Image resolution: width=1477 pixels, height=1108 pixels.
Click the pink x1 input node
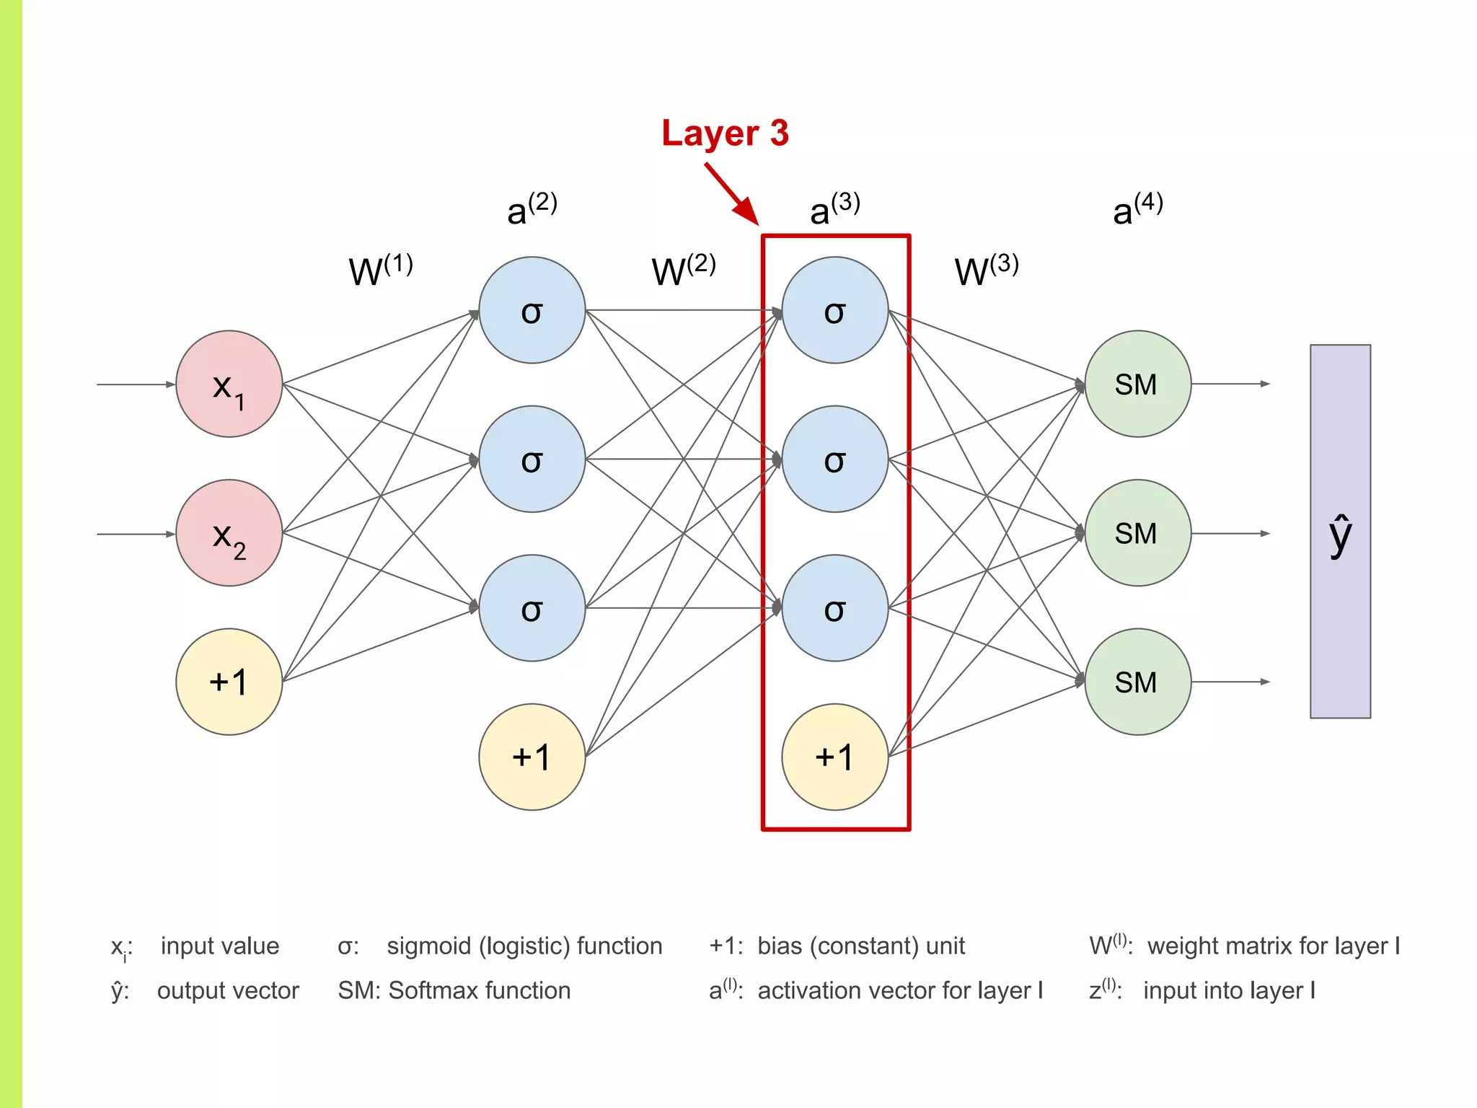coord(229,384)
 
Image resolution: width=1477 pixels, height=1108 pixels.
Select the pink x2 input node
coord(229,533)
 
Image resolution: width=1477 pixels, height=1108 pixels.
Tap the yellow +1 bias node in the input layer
coord(229,682)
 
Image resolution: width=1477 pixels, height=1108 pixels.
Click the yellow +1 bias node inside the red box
coord(834,757)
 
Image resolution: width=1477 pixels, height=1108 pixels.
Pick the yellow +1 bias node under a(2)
coord(532,757)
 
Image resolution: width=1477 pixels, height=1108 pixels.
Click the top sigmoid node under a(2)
coord(532,310)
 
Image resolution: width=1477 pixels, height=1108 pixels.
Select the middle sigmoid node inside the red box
coord(834,459)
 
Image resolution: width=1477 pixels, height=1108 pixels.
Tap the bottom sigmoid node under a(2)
coord(532,608)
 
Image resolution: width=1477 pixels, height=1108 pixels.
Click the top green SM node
coord(1137,384)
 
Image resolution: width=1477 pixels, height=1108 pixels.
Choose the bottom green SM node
coord(1137,682)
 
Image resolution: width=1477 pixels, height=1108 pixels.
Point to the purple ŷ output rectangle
coord(1340,532)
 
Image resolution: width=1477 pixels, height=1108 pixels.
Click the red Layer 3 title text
coord(725,133)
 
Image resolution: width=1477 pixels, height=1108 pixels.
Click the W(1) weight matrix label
coord(380,270)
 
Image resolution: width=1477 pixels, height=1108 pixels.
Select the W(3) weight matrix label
coord(986,270)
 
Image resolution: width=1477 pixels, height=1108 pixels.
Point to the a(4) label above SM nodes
coord(1137,209)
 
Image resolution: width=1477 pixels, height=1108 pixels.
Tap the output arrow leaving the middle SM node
coord(1230,534)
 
